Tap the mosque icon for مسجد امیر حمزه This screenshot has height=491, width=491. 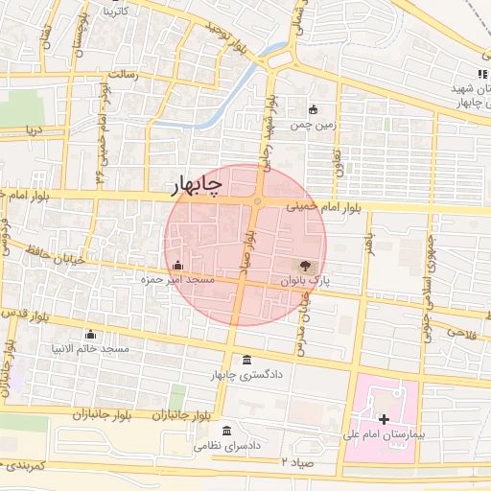[176, 265]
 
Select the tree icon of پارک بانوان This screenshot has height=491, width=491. [305, 266]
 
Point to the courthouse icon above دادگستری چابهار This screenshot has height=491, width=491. [248, 361]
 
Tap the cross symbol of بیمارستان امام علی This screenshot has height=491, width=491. [385, 419]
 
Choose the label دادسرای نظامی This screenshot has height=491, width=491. [227, 446]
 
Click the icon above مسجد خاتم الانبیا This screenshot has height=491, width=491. [91, 334]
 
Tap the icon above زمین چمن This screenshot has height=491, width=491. [313, 109]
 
